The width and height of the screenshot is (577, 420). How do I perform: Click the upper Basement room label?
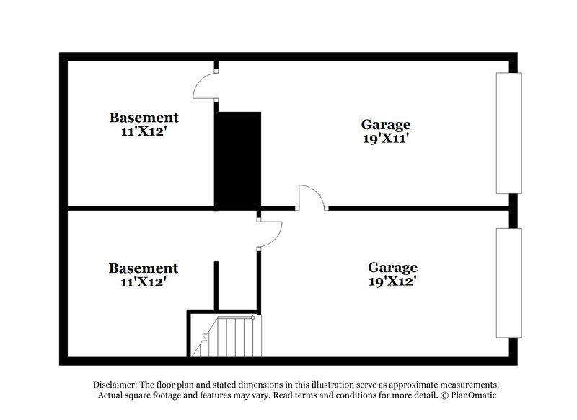tap(144, 117)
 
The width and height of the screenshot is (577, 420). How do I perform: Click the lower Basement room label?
tap(143, 268)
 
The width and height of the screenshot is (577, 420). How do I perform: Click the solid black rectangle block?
tap(239, 159)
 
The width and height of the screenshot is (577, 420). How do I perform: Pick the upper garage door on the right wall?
tap(508, 133)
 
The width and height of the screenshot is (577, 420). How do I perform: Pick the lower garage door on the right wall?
tap(508, 282)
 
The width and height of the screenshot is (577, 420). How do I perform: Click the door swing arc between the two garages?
tap(311, 196)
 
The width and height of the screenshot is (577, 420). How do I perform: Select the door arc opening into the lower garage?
tap(270, 232)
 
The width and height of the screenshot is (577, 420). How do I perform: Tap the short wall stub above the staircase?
tap(216, 286)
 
